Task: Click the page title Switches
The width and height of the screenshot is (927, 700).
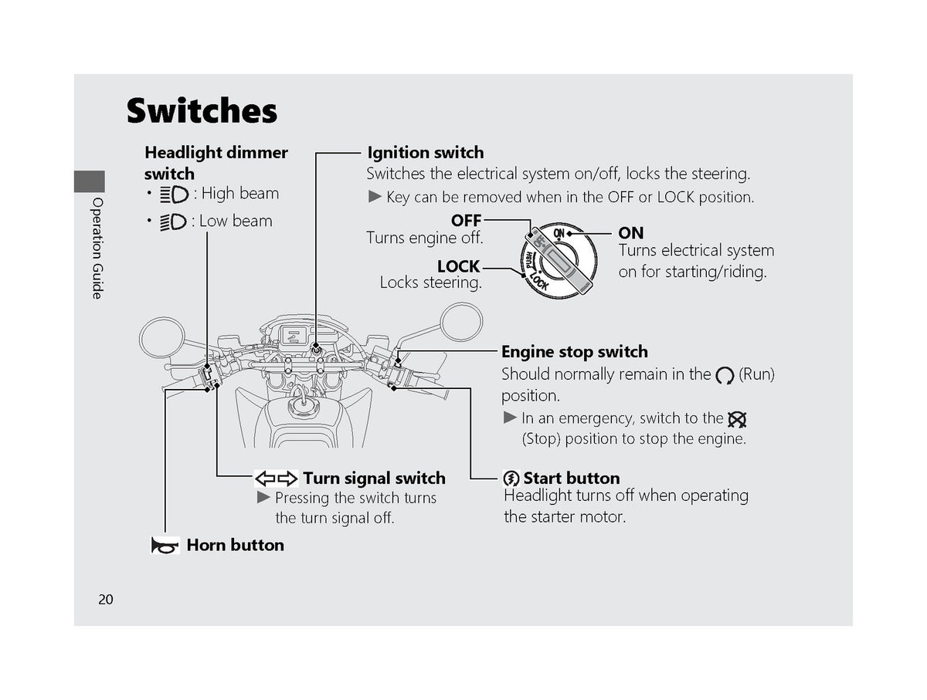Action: pyautogui.click(x=202, y=110)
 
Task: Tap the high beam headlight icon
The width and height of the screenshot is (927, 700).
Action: pyautogui.click(x=174, y=194)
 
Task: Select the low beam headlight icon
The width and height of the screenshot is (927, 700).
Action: pyautogui.click(x=173, y=222)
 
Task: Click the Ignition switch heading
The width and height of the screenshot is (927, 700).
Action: pyautogui.click(x=426, y=152)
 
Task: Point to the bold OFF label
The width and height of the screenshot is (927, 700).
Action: pyautogui.click(x=466, y=220)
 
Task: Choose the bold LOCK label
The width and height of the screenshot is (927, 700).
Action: pyautogui.click(x=458, y=267)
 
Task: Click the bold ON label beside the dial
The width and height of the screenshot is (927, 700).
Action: pyautogui.click(x=631, y=233)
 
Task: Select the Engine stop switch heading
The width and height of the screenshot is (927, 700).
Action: pyautogui.click(x=575, y=351)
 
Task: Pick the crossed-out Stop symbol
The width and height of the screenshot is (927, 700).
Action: pyautogui.click(x=737, y=419)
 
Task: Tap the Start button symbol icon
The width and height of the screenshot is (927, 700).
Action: pyautogui.click(x=511, y=479)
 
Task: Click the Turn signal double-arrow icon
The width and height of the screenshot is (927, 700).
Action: pyautogui.click(x=277, y=479)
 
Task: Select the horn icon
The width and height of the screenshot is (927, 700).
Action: pyautogui.click(x=165, y=545)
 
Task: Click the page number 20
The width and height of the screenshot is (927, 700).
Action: pyautogui.click(x=106, y=599)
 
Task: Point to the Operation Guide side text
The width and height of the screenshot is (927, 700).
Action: pyautogui.click(x=97, y=248)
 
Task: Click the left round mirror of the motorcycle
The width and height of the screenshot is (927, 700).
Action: pyautogui.click(x=162, y=337)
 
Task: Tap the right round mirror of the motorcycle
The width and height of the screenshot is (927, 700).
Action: pyautogui.click(x=461, y=322)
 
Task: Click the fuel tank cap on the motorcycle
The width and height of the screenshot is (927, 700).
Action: pyautogui.click(x=304, y=405)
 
